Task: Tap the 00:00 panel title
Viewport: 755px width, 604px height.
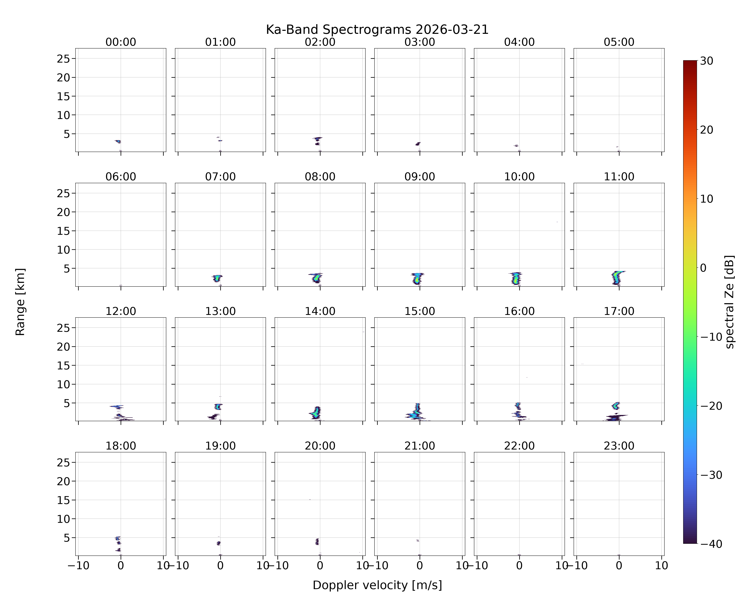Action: tap(121, 42)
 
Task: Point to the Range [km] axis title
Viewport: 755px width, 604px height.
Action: tap(20, 302)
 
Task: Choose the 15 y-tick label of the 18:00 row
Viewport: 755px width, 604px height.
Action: tap(64, 500)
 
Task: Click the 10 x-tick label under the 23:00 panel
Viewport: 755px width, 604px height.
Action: tap(662, 566)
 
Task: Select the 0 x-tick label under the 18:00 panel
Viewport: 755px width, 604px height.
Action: tap(121, 566)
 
